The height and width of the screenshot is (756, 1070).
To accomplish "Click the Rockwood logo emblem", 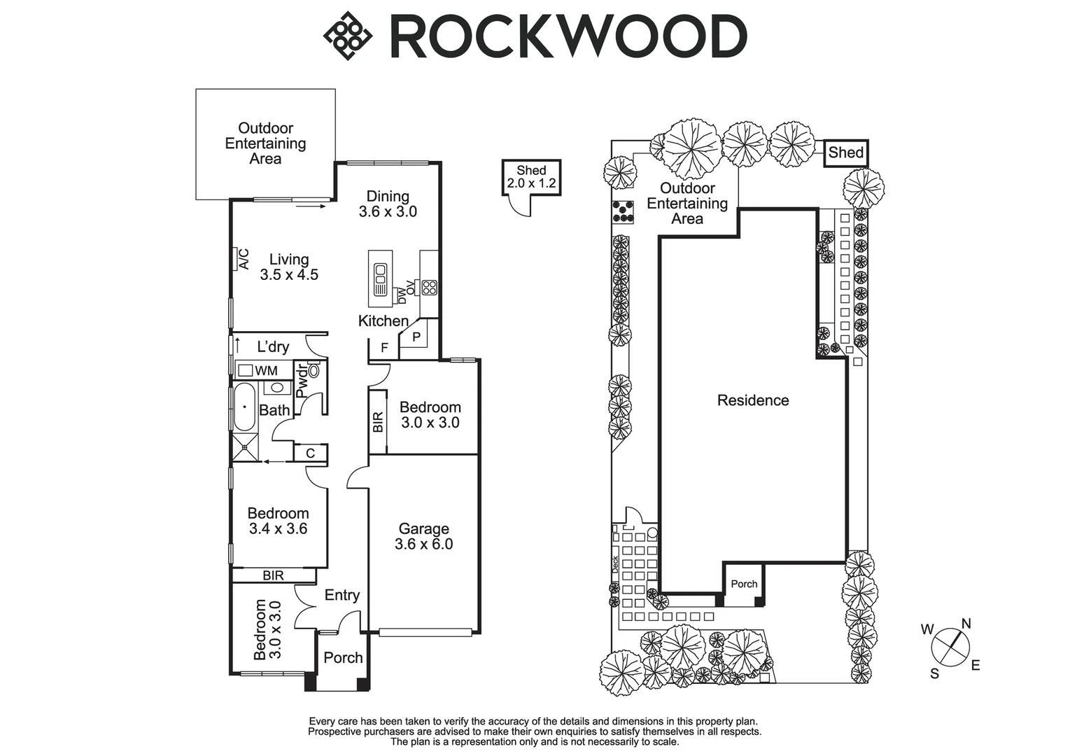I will tap(347, 36).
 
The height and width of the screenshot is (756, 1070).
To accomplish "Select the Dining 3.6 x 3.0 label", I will tap(388, 204).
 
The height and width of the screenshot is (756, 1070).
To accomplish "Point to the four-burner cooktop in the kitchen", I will tap(429, 287).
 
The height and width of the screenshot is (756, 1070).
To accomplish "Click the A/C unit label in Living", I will tap(244, 259).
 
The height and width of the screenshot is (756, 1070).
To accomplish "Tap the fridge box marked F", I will tap(384, 348).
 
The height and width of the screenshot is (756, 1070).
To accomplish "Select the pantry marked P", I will tap(416, 337).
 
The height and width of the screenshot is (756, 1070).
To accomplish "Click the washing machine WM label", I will tap(266, 370).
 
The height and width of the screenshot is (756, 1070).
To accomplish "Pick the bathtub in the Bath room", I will tap(245, 407).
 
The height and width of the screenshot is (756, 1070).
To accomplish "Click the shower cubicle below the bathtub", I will tap(244, 447).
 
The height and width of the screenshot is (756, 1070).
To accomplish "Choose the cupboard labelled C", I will tap(311, 454).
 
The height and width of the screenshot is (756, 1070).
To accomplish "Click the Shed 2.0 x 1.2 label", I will tap(531, 177).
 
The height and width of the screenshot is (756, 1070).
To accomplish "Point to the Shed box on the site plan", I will tap(845, 153).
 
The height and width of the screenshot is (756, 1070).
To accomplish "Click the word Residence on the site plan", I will tap(753, 400).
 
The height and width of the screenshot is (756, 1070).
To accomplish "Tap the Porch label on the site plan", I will tap(744, 584).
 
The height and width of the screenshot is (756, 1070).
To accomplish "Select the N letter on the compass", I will tap(966, 624).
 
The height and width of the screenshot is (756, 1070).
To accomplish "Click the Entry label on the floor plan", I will tap(342, 595).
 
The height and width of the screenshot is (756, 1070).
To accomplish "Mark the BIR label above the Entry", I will tap(273, 575).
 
